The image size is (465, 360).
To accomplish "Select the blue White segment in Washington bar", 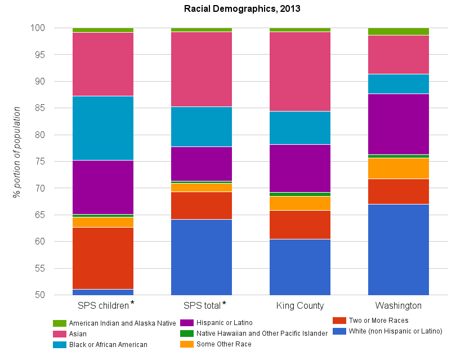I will coord(399,249).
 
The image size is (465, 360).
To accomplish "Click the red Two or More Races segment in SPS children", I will coord(103,258).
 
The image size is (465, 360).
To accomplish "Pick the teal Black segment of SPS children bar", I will coord(103,128).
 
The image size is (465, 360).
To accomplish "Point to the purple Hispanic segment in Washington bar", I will coord(399,124).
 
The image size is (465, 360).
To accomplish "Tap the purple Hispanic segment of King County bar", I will coord(300,168).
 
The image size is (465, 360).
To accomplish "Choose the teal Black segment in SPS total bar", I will coord(202,126).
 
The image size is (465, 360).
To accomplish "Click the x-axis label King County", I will coord(300,306).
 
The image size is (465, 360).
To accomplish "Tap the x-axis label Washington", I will coord(399,306).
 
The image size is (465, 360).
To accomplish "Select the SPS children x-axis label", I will coord(104,306).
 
